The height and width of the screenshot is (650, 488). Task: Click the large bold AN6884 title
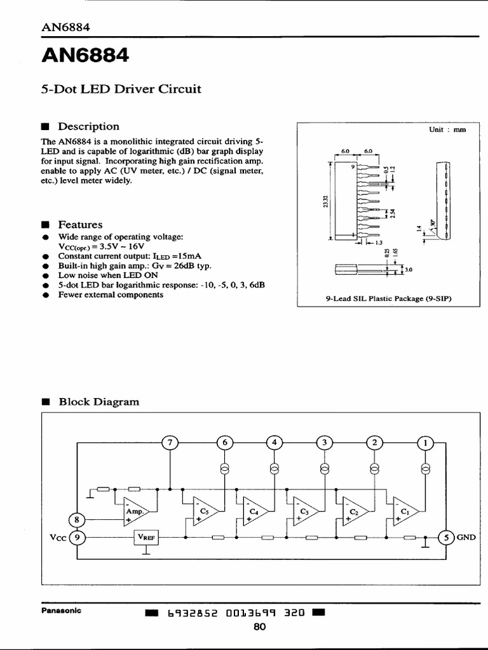pyautogui.click(x=85, y=56)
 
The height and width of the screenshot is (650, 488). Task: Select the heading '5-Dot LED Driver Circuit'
pyautogui.click(x=121, y=89)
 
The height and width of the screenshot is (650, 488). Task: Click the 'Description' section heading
pyautogui.click(x=88, y=126)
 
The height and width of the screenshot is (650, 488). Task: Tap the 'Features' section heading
pyautogui.click(x=80, y=225)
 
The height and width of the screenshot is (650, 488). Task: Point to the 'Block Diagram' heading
pyautogui.click(x=98, y=402)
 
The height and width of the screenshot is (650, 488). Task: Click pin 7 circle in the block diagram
pyautogui.click(x=170, y=442)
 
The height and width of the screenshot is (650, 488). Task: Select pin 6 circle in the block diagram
pyautogui.click(x=224, y=442)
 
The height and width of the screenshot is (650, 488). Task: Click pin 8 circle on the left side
pyautogui.click(x=77, y=519)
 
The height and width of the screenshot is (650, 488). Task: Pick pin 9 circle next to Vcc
pyautogui.click(x=77, y=537)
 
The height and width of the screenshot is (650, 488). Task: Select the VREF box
pyautogui.click(x=146, y=538)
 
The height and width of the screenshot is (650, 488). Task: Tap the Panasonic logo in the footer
pyautogui.click(x=61, y=611)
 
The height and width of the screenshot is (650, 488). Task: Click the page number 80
pyautogui.click(x=259, y=627)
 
